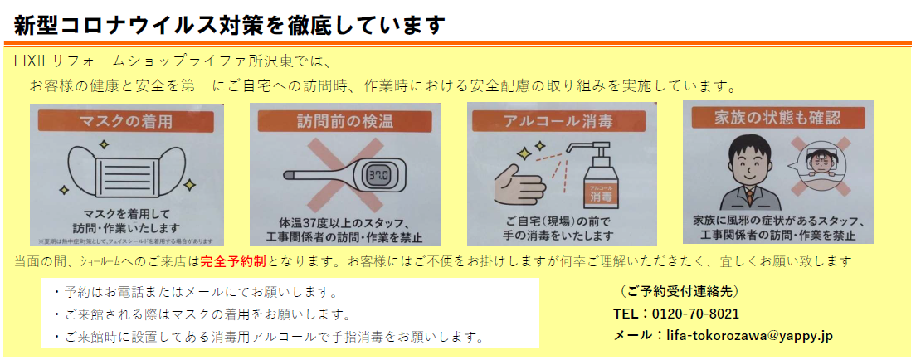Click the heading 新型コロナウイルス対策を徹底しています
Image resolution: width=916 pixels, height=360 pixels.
(230, 24)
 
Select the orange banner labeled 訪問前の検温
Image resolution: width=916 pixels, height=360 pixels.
(344, 121)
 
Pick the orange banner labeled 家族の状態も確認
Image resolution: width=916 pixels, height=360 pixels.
(777, 117)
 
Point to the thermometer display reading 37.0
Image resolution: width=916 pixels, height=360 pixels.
(378, 176)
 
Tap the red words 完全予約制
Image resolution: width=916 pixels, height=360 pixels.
(232, 261)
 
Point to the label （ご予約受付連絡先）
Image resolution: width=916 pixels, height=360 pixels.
(679, 291)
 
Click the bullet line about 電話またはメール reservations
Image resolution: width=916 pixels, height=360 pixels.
(193, 293)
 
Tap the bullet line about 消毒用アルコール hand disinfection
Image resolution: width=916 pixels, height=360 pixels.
(267, 337)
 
